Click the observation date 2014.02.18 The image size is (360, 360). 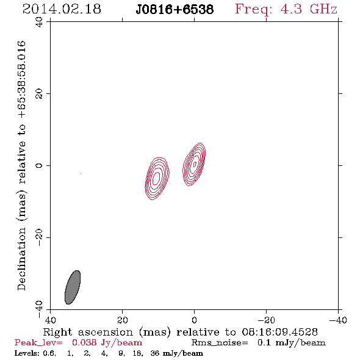[62, 9]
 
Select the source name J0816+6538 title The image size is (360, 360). [175, 10]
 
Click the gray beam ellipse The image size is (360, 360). [73, 287]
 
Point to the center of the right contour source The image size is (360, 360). [194, 164]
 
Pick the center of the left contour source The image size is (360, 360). [157, 178]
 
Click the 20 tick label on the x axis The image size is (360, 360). [122, 320]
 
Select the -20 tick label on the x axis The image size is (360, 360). [266, 320]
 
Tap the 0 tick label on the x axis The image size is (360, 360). [194, 320]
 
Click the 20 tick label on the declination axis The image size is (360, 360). [39, 94]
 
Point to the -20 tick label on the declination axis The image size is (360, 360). [39, 237]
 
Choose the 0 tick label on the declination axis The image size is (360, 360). [39, 165]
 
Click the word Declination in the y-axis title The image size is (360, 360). [21, 259]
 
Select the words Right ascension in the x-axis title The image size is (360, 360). [88, 332]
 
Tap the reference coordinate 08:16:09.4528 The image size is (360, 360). [279, 332]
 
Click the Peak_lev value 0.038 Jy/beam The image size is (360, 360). [107, 343]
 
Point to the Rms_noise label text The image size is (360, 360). [220, 343]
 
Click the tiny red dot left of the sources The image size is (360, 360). [80, 173]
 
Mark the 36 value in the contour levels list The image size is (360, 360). [155, 353]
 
